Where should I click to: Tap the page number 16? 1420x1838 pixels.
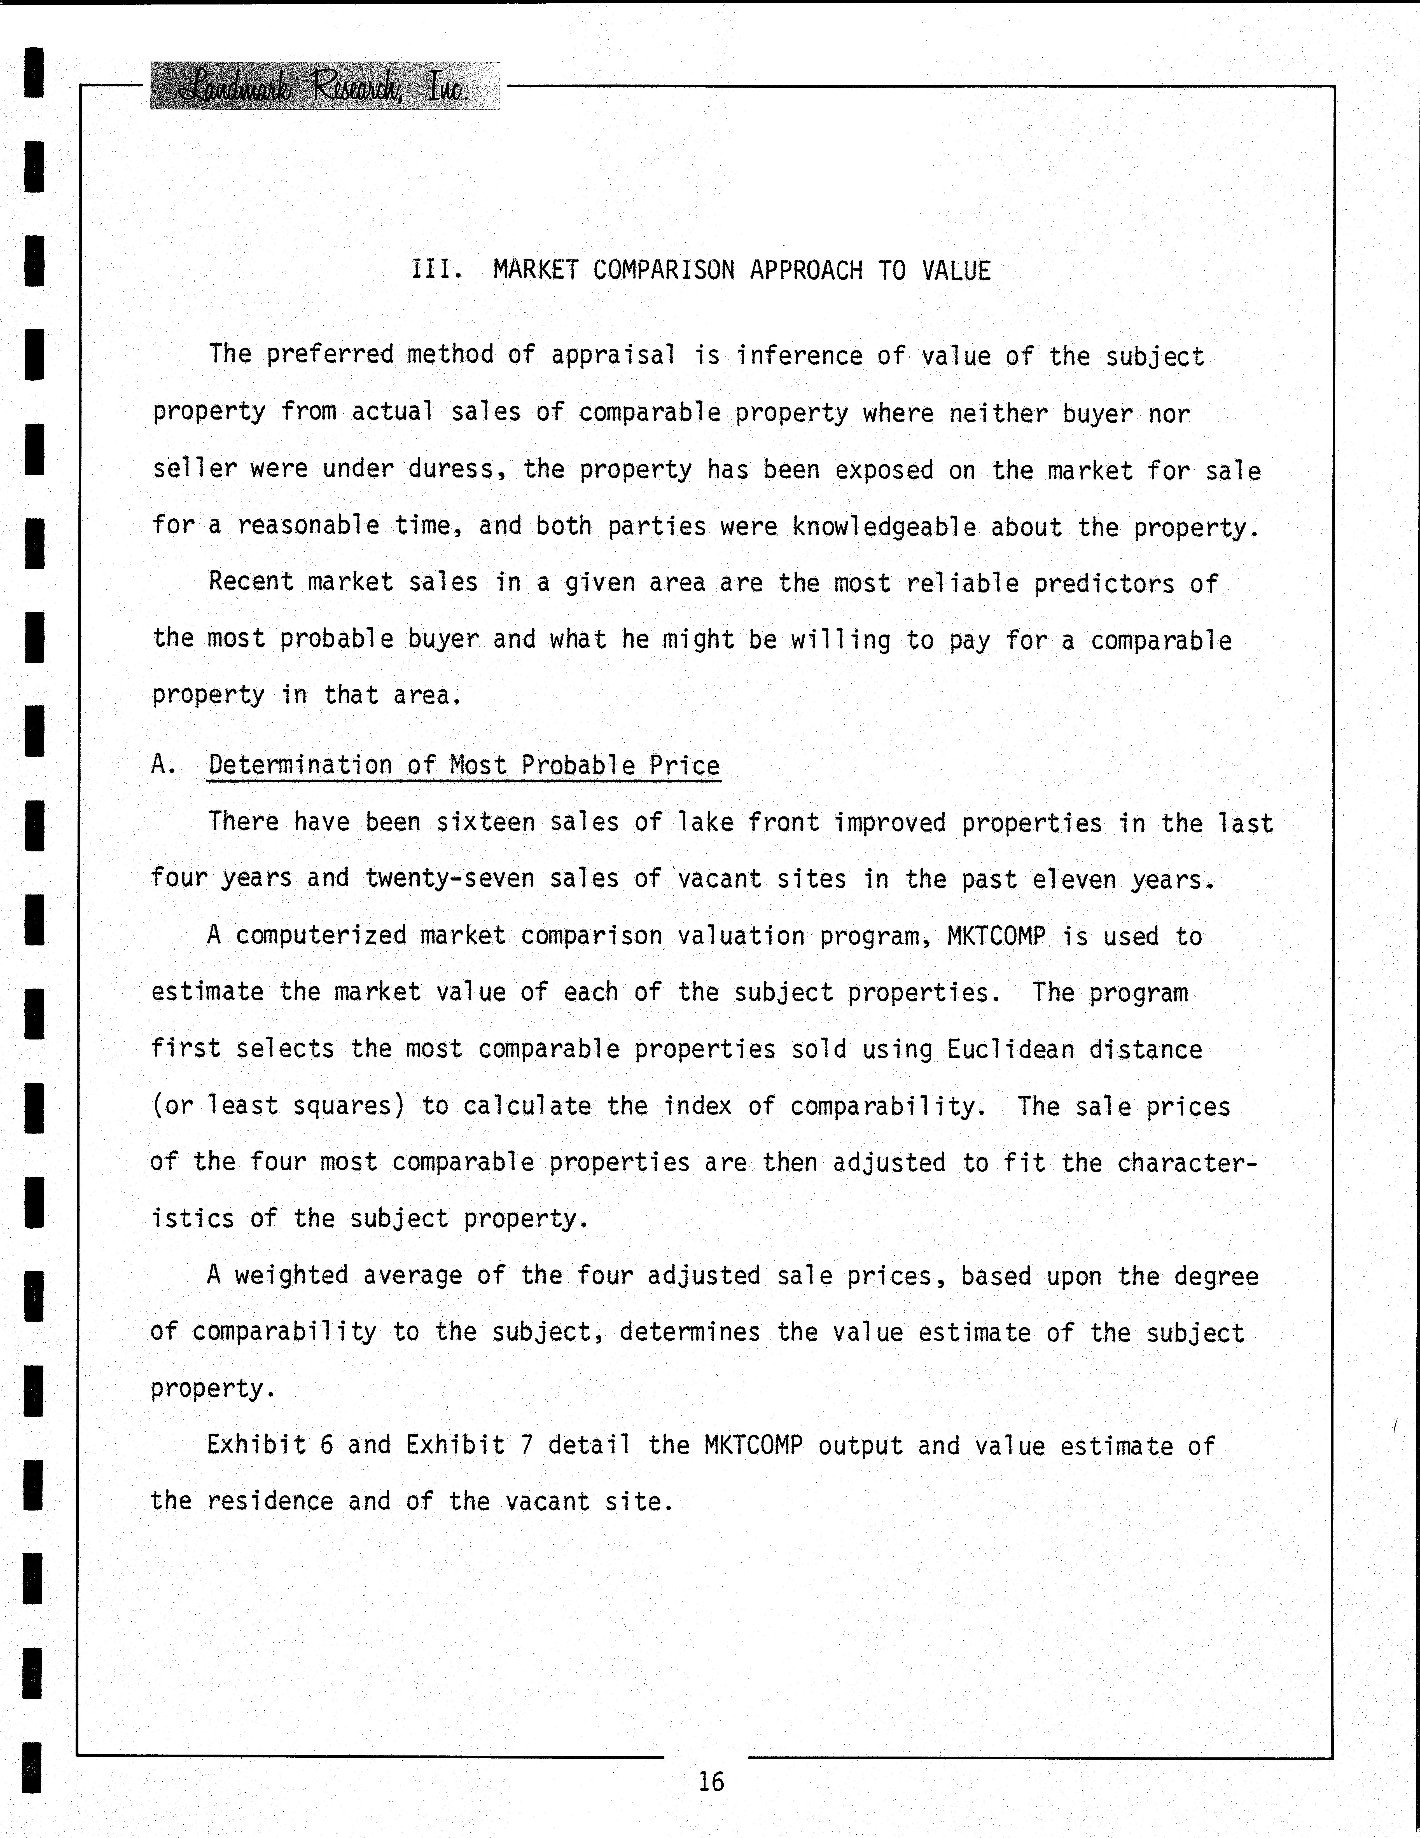point(711,1782)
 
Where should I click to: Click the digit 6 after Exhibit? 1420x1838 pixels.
point(327,1445)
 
